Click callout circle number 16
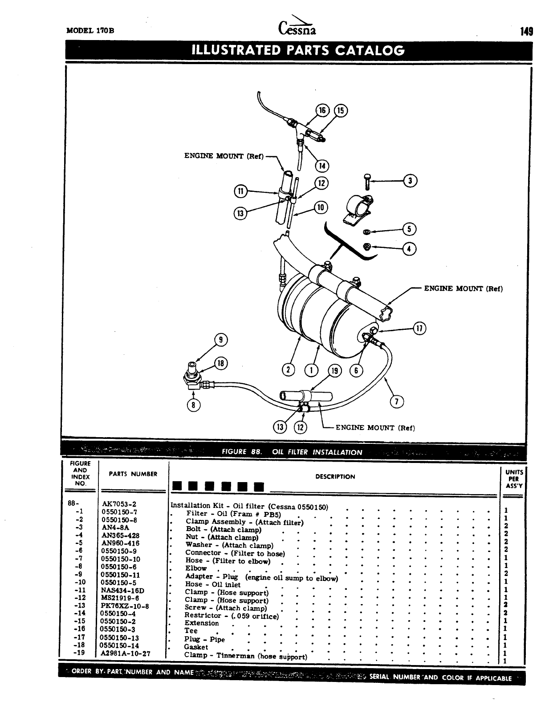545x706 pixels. tap(321, 110)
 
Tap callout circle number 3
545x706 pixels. tap(410, 180)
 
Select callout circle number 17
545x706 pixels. tap(419, 329)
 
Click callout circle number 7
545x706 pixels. tap(396, 402)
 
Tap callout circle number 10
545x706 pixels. tap(321, 207)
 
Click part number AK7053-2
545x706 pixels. tap(119, 504)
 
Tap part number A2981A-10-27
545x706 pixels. tap(126, 653)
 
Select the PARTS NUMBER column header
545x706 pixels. tap(133, 474)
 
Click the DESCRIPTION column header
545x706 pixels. tap(335, 477)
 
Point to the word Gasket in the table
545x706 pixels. tap(196, 647)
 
